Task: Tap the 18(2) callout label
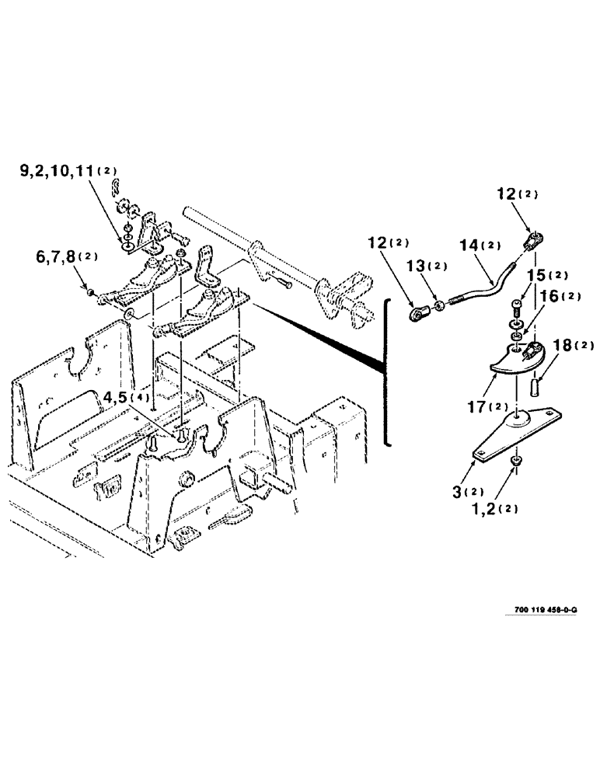572,345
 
